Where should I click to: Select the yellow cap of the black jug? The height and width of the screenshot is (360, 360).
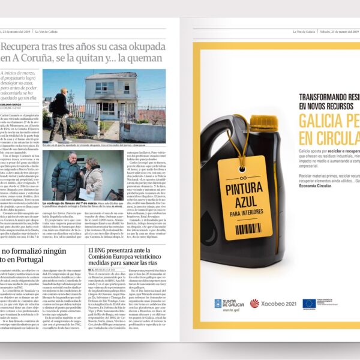coord(262,123)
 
